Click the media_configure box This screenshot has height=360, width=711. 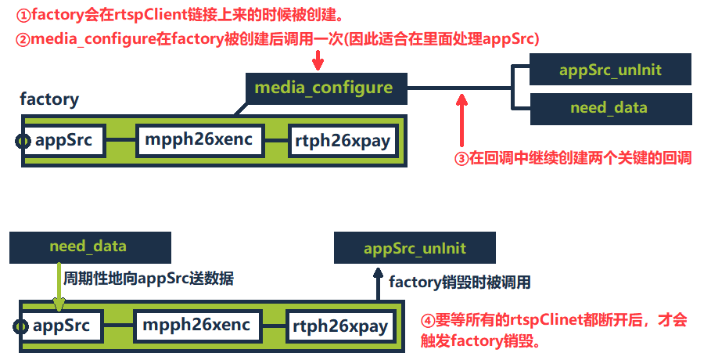tap(323, 87)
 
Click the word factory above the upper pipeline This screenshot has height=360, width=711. tap(49, 99)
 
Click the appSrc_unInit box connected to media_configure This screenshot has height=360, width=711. tap(610, 69)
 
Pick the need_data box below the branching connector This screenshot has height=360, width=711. tap(610, 108)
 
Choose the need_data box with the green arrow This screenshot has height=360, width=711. tap(88, 247)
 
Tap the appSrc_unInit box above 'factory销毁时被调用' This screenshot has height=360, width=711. tap(415, 248)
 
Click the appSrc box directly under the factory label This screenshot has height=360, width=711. tap(63, 141)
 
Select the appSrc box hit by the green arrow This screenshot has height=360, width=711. tap(62, 325)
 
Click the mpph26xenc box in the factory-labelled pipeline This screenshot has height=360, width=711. tap(197, 141)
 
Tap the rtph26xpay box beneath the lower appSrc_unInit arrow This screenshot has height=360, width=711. tap(340, 326)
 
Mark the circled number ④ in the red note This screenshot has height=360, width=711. tap(426, 320)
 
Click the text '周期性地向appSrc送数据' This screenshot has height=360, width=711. tap(149, 278)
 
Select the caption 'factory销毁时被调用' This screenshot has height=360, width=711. tap(460, 282)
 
